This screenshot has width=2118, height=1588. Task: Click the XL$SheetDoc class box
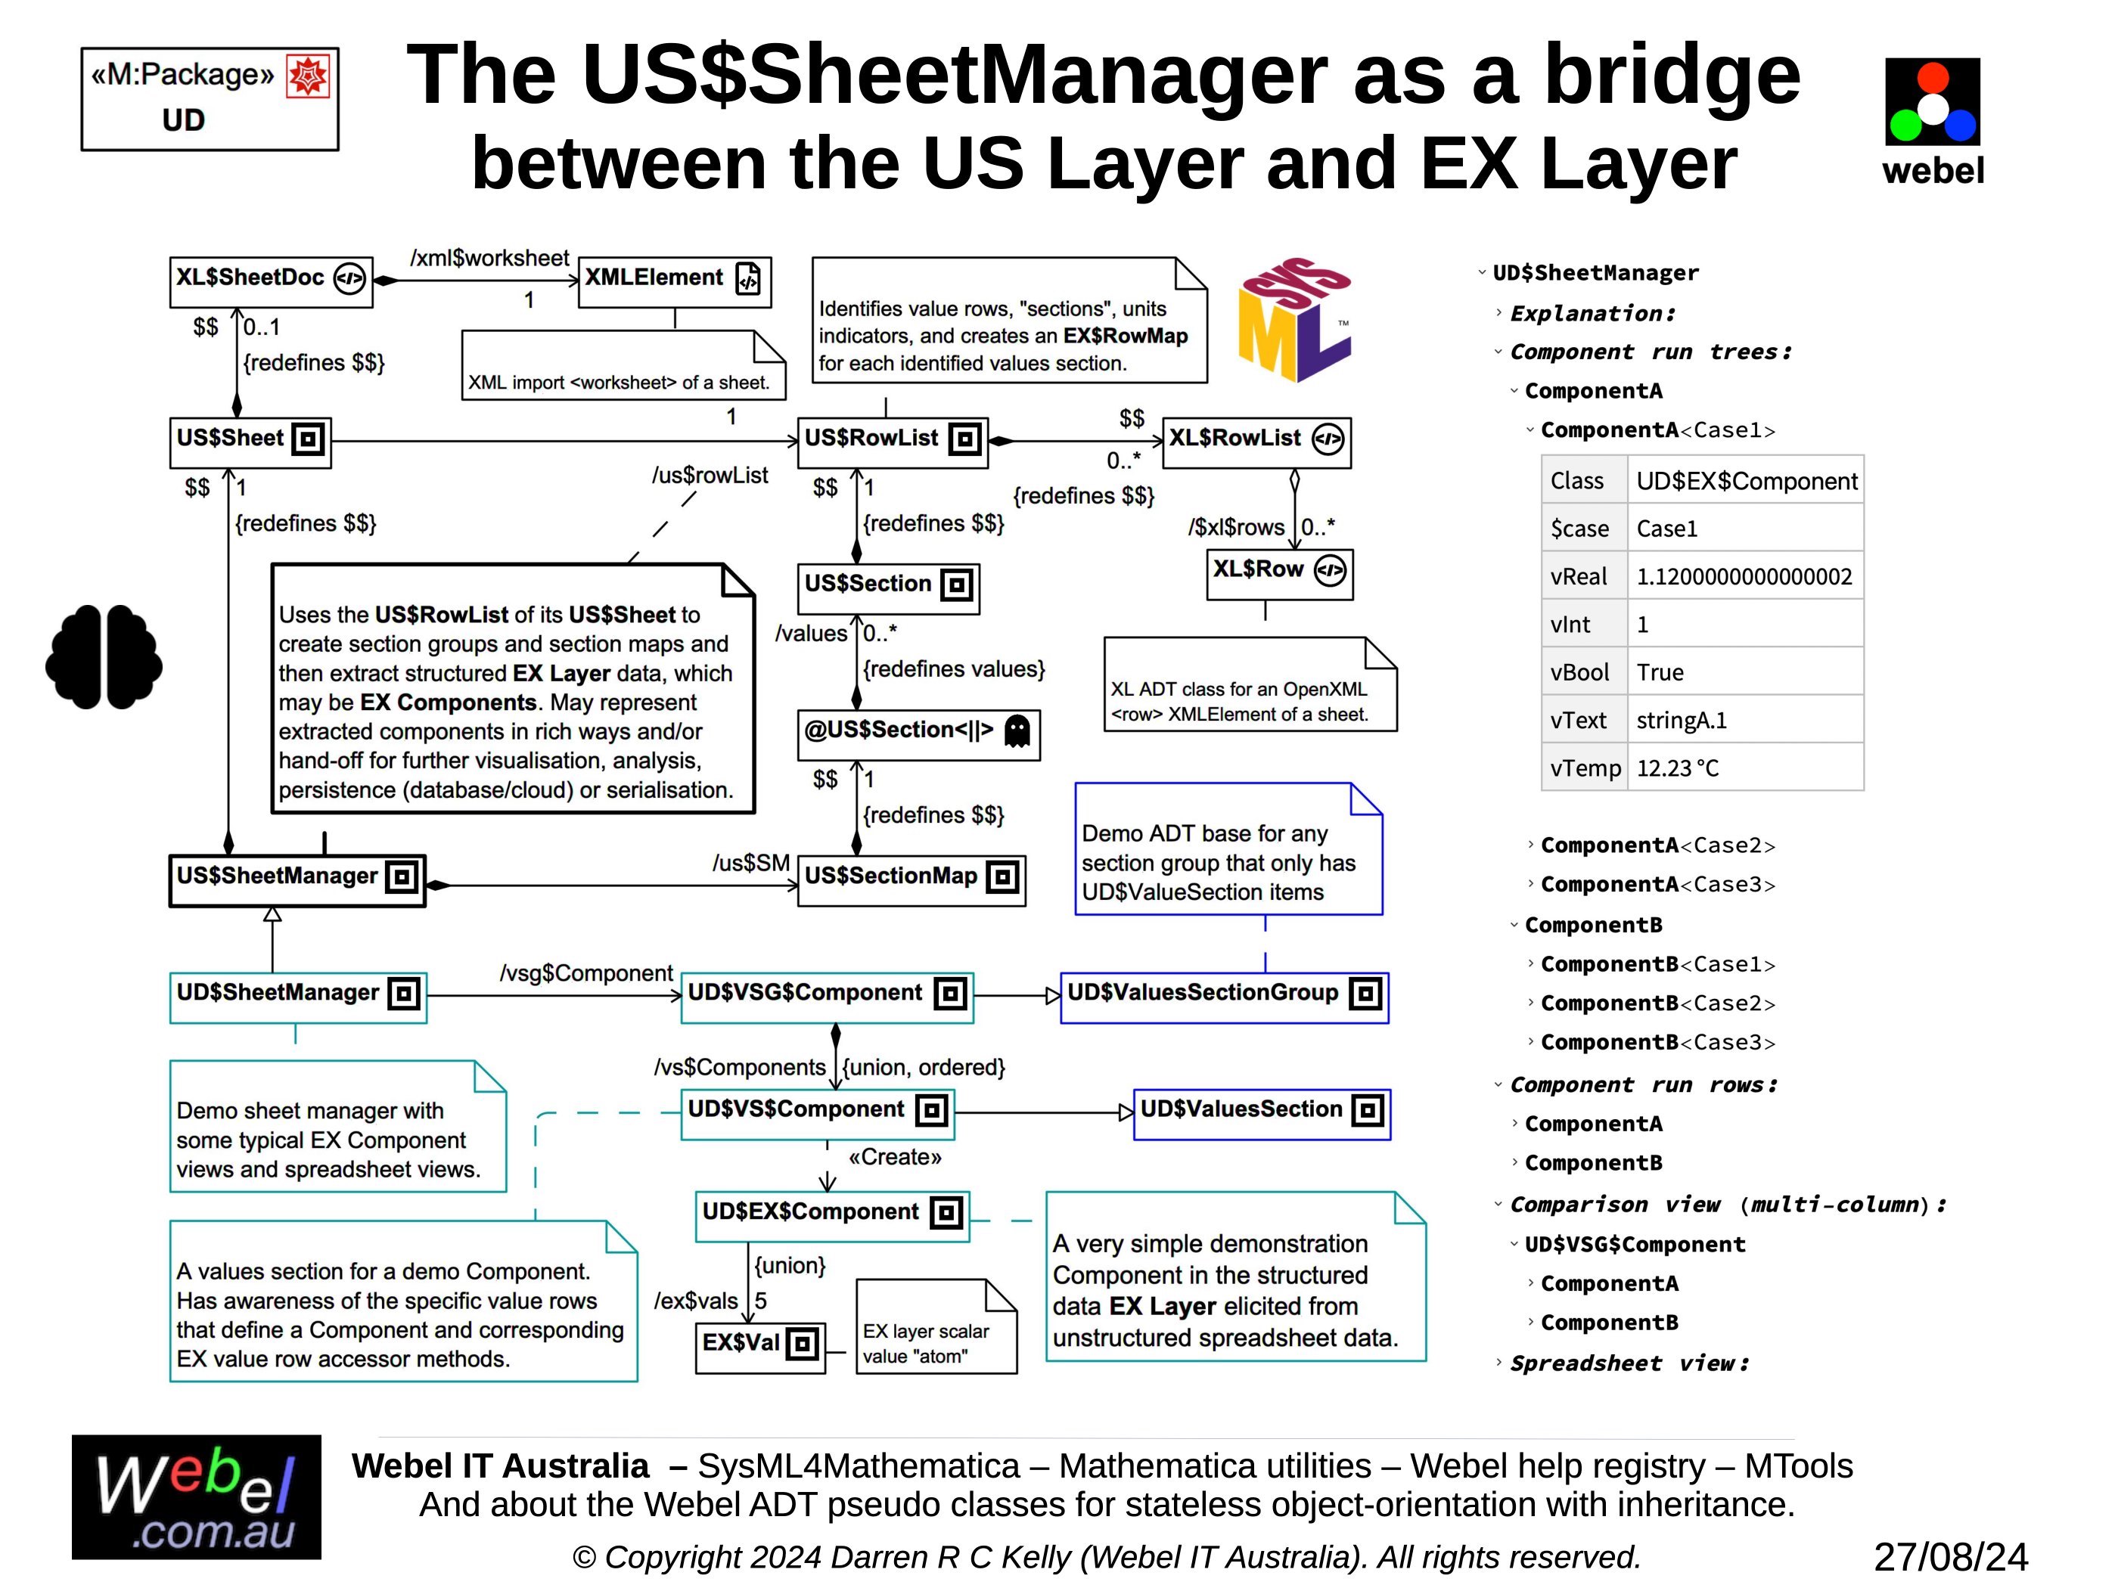271,281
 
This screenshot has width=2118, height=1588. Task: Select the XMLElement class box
674,281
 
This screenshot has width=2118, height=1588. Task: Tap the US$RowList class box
893,442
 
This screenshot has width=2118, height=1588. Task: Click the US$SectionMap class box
911,879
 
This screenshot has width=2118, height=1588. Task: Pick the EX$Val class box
759,1346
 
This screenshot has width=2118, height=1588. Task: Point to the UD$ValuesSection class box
1261,1112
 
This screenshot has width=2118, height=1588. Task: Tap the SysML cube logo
1293,319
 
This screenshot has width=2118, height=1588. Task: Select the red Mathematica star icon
309,76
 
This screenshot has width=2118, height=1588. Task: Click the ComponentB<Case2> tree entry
1657,1004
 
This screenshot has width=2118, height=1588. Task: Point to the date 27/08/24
1950,1557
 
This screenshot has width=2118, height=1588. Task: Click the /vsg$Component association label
586,973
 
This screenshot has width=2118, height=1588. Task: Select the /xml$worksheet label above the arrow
489,259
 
